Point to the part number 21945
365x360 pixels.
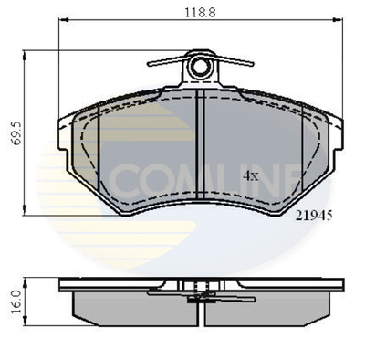313,217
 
